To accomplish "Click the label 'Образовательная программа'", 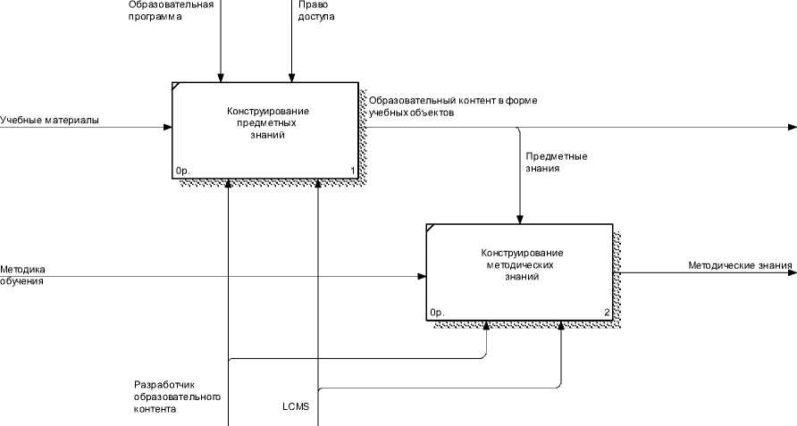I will point(171,10).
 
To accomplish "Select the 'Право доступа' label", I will point(315,10).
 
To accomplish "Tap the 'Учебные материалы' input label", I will point(49,120).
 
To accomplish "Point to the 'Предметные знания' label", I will point(556,162).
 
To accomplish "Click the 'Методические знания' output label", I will point(740,265).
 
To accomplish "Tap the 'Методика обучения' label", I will point(22,274).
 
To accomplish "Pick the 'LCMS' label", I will point(296,407).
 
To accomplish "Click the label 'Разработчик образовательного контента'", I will point(176,397).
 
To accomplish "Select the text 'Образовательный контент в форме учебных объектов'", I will point(453,106).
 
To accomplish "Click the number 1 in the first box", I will point(353,170).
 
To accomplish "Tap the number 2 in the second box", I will point(607,313).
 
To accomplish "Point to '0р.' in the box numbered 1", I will point(183,170).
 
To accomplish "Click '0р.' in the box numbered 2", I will point(437,313).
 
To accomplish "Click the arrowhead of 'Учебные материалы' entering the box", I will point(168,127).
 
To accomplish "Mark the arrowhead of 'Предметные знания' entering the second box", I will point(519,219).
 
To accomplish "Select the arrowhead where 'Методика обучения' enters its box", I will point(422,277).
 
